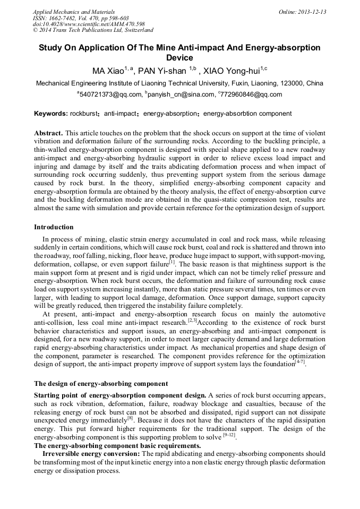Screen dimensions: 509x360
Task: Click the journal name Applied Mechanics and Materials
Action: pos(73,12)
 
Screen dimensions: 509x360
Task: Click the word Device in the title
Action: pos(179,58)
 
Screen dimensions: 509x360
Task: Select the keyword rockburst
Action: pos(84,114)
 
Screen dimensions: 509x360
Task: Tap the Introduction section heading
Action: pos(54,227)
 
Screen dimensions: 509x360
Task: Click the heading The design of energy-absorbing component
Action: pos(101,383)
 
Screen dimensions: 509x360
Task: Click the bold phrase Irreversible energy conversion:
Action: pos(92,454)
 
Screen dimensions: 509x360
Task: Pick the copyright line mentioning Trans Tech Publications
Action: pos(93,30)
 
